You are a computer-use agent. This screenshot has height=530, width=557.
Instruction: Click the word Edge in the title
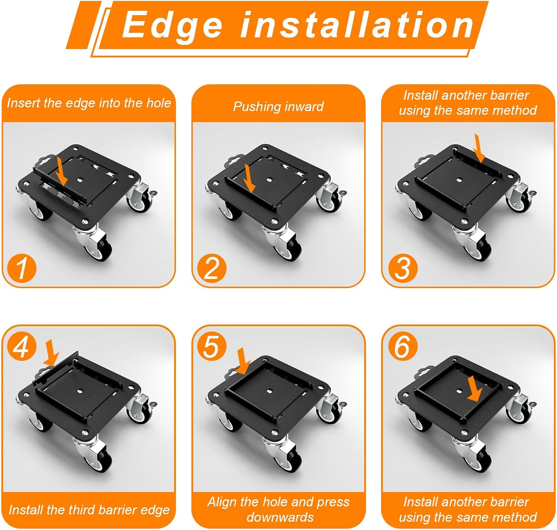173,25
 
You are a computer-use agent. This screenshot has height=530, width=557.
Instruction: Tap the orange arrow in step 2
250,178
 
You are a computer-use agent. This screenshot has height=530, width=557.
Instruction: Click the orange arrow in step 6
474,390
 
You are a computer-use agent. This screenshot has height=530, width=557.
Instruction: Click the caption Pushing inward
278,106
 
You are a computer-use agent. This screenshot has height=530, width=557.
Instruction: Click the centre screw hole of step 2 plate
269,180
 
